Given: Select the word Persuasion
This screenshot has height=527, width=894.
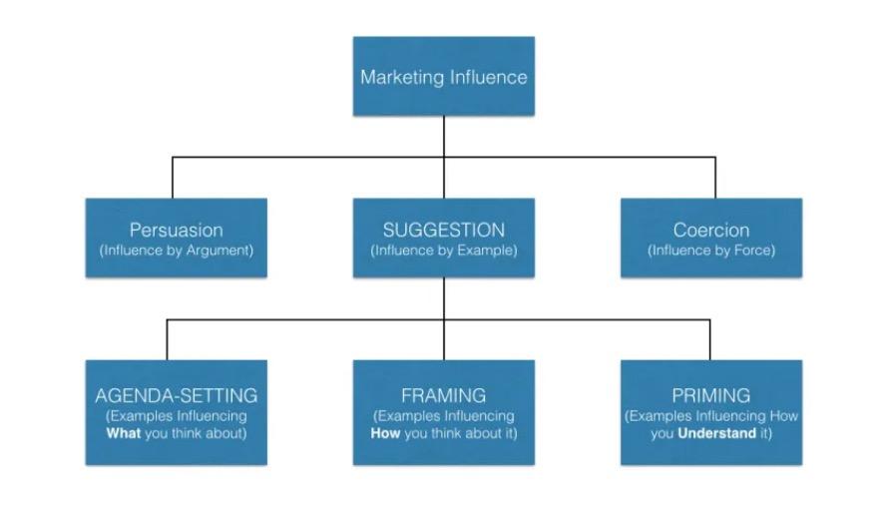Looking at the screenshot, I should [x=176, y=231].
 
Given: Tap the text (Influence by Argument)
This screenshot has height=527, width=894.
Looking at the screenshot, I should [x=176, y=251].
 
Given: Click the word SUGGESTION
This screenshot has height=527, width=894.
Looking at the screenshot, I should [x=444, y=231].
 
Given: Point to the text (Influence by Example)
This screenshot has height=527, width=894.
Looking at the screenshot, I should [x=444, y=251].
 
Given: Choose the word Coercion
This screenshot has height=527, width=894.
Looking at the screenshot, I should [x=710, y=231].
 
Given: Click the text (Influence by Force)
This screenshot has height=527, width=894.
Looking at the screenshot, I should [x=710, y=251].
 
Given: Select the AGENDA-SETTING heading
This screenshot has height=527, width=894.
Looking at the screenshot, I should [x=176, y=395].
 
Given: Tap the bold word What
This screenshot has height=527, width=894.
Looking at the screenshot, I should [x=124, y=434].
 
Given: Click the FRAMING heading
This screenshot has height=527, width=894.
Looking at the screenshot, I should [x=444, y=395].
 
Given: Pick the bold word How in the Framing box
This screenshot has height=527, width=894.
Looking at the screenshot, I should [x=385, y=434].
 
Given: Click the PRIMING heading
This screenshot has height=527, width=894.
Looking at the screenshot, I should [x=710, y=395].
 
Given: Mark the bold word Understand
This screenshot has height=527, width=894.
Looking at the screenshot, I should [x=716, y=434].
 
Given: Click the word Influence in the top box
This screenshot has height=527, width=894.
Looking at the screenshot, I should [x=488, y=77].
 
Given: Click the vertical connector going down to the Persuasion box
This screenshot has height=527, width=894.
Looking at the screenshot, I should [x=173, y=178].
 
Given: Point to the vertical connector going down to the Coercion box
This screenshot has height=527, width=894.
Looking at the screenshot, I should [x=714, y=178].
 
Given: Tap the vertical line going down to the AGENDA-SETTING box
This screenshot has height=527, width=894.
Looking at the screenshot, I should [x=167, y=340].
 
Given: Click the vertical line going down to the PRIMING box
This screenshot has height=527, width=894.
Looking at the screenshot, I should [x=710, y=340].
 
